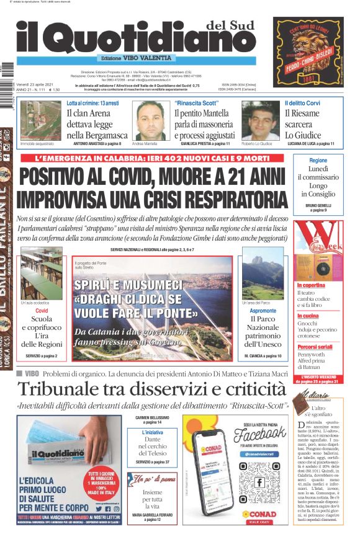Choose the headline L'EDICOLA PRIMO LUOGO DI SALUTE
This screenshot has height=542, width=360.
coord(43,493)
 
